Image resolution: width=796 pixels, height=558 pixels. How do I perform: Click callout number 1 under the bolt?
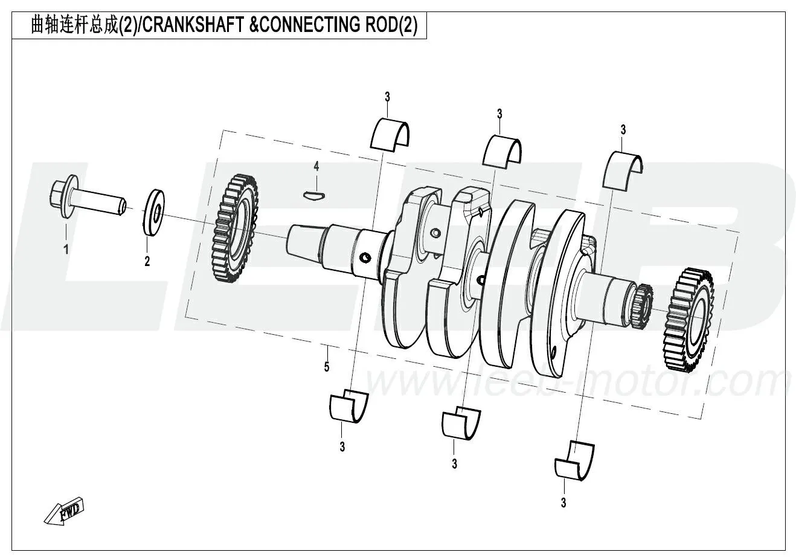click(x=66, y=249)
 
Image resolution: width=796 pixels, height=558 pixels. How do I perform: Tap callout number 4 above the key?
click(x=316, y=166)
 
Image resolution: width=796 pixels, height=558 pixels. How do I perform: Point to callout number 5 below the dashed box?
click(x=327, y=367)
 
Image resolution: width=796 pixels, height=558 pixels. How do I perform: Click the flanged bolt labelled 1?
click(x=85, y=198)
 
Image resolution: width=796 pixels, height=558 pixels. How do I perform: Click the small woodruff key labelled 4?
click(x=314, y=194)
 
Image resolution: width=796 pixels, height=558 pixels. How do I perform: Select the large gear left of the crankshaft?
click(x=233, y=229)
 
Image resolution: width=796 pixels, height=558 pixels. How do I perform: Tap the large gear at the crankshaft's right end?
click(x=688, y=320)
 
